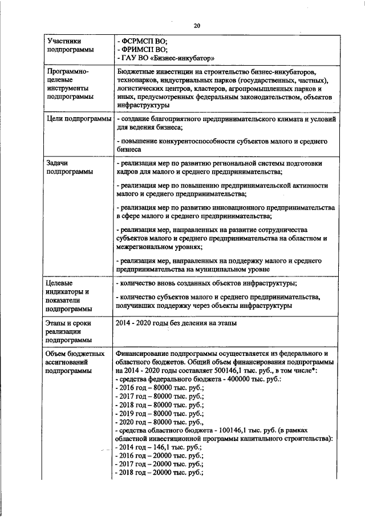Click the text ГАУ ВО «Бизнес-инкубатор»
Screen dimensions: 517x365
pos(166,58)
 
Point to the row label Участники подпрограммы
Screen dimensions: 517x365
pos(68,46)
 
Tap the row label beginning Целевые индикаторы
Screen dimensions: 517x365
pos(68,296)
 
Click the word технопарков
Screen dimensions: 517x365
pos(135,82)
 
